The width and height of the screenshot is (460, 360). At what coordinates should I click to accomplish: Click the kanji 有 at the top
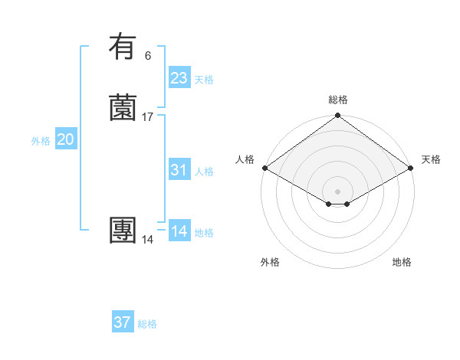point(123,47)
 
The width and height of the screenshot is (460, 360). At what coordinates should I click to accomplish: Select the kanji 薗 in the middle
point(123,108)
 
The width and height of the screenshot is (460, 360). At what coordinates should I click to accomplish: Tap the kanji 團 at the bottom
point(123,231)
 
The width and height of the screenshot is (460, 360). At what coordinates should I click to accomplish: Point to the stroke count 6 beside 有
point(147,55)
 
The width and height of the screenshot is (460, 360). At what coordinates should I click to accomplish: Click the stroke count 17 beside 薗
point(147,117)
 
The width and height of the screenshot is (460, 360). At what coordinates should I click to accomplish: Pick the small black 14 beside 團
point(147,240)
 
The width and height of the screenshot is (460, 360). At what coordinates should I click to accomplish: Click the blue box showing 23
point(179,78)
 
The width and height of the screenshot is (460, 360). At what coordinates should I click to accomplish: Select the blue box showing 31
point(179,170)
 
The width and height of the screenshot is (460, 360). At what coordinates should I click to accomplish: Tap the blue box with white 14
point(179,231)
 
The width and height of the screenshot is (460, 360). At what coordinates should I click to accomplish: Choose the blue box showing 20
point(66,139)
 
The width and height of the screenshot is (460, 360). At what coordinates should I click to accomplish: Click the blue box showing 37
point(122,322)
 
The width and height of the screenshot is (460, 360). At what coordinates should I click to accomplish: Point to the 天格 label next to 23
point(204,80)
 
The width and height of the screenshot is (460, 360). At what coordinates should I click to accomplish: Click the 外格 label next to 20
point(41,141)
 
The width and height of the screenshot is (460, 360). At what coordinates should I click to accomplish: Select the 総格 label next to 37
point(147,324)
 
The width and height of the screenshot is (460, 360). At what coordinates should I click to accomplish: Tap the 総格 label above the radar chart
point(338,100)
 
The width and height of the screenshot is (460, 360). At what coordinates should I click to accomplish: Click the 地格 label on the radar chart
point(402,262)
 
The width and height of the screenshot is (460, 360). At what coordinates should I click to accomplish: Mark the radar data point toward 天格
point(412,168)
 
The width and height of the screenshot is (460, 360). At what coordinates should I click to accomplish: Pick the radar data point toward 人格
point(264,168)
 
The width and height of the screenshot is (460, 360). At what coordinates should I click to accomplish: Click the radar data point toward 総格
point(338,116)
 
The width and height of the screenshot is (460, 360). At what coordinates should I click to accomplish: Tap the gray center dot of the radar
point(338,191)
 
